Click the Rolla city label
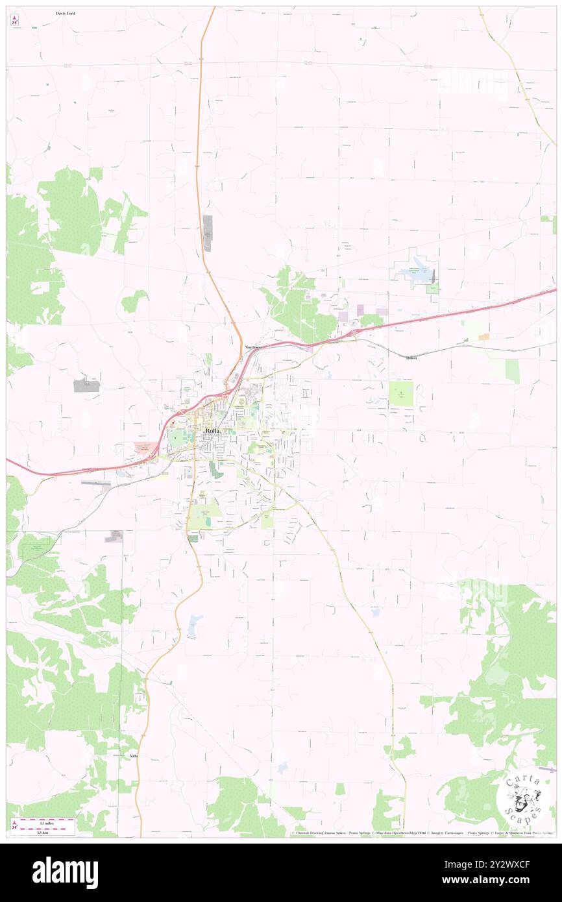point(212,431)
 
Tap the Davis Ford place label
point(66,13)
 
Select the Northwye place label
point(253,348)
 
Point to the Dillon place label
point(411,358)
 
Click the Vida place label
point(134,756)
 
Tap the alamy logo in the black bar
point(65,873)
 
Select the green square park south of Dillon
point(402,394)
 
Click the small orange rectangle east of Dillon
point(483,337)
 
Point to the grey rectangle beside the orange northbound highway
point(208,233)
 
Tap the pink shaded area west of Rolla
point(145,446)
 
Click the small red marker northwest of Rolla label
point(173,422)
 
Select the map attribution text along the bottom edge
point(422,833)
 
